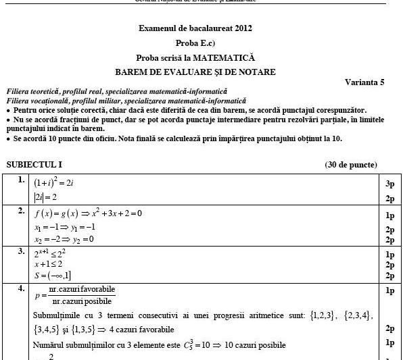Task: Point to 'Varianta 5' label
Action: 364,82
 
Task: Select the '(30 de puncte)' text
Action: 351,164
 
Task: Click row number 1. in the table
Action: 22,181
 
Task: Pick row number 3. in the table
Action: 22,251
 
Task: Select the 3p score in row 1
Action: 389,183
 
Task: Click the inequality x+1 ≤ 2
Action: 50,265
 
